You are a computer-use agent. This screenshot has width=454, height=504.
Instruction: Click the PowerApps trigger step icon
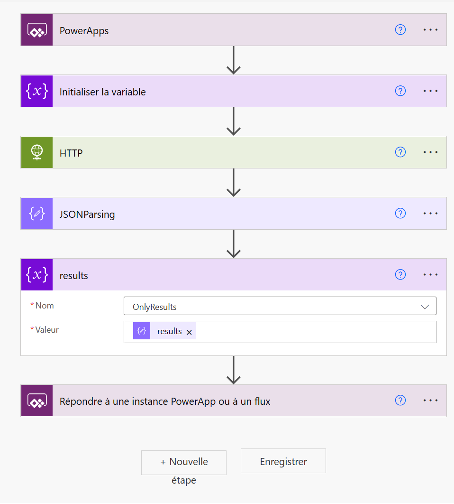[37, 30]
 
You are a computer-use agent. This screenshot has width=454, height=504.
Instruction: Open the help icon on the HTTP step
[400, 152]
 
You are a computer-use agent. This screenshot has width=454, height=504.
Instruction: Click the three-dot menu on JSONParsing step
[430, 214]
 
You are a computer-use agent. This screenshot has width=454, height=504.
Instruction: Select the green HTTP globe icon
[37, 152]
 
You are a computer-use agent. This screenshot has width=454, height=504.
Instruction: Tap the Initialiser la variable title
[103, 92]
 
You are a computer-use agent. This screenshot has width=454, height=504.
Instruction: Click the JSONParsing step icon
[37, 214]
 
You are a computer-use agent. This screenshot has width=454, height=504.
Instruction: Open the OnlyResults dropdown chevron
[425, 307]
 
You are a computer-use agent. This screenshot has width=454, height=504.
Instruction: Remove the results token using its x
[189, 332]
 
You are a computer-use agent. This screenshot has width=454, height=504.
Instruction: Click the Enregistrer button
[283, 461]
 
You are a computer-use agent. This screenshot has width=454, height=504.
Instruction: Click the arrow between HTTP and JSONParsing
[234, 182]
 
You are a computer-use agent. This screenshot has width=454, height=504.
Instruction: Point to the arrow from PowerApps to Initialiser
[234, 60]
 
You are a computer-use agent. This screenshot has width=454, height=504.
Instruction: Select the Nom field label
[45, 306]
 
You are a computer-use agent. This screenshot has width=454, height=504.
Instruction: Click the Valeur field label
[47, 330]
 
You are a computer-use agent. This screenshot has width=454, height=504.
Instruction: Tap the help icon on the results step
[400, 274]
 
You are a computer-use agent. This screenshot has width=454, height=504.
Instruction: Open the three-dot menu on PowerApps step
[430, 30]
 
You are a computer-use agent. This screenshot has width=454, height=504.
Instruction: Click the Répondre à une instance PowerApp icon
[37, 401]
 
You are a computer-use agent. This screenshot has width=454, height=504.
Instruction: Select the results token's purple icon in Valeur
[142, 331]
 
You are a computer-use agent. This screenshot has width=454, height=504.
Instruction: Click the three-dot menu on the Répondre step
[430, 401]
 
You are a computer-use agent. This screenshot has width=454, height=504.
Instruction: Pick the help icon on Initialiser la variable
[400, 91]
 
